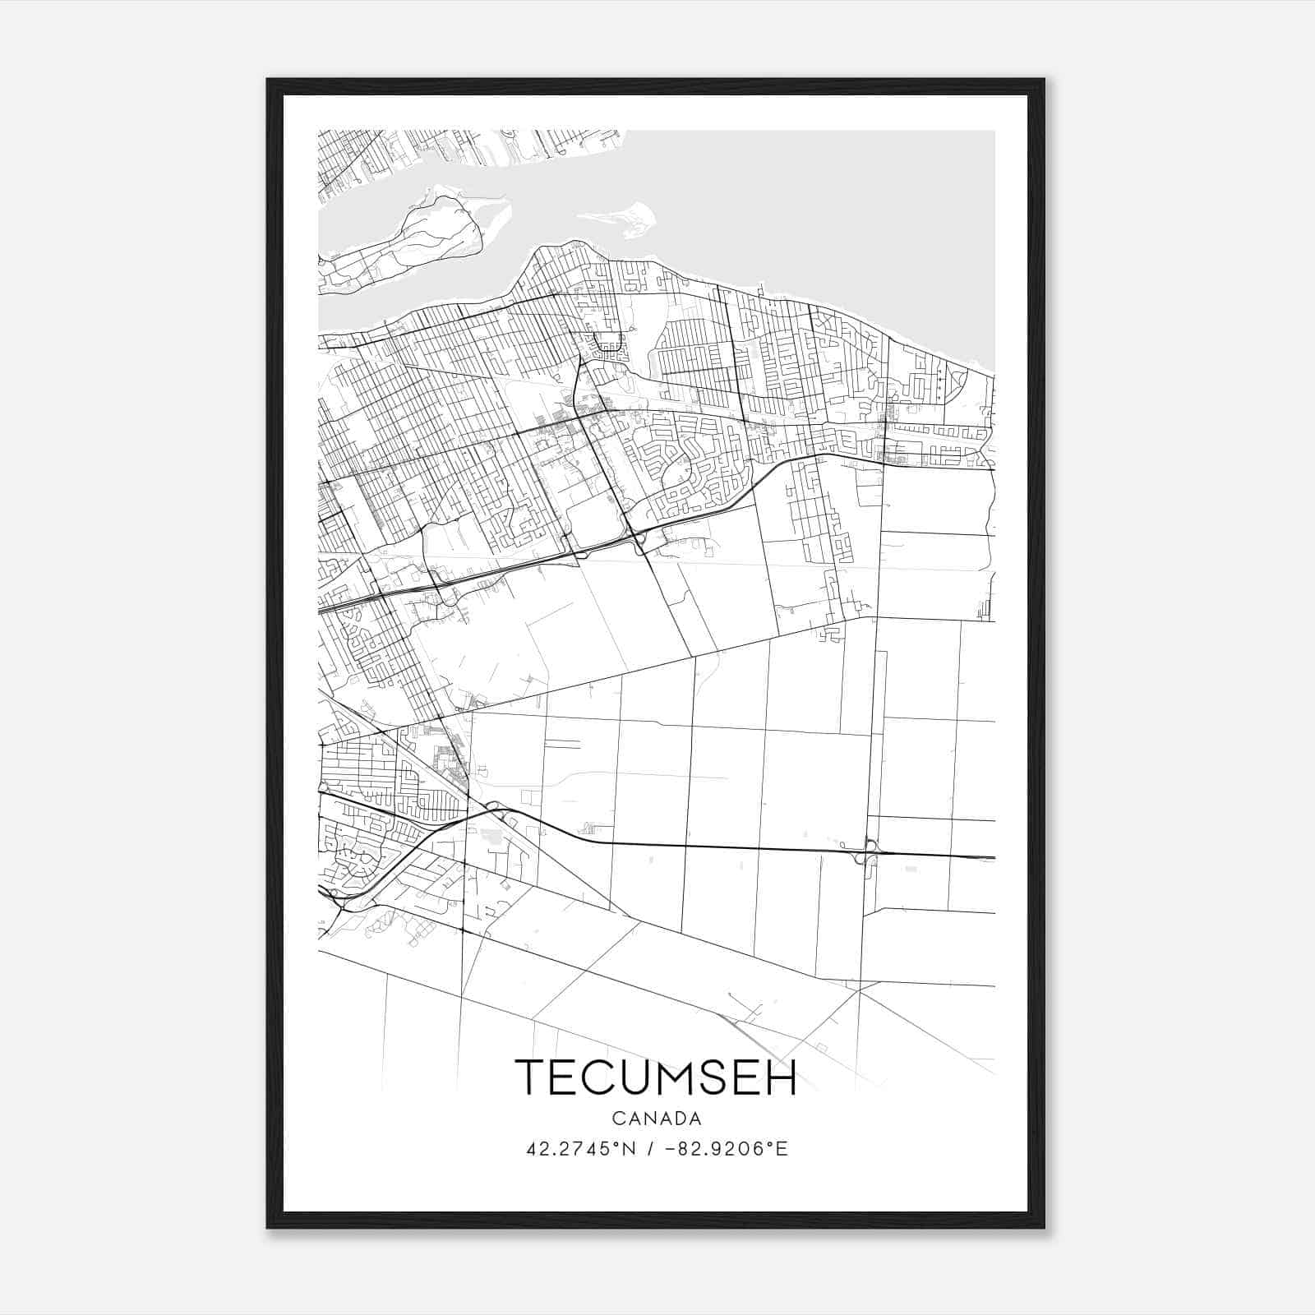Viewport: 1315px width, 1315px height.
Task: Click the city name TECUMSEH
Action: tap(656, 1077)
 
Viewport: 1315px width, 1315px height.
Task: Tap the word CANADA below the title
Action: tap(657, 1119)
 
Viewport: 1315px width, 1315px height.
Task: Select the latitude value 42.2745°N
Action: tap(582, 1149)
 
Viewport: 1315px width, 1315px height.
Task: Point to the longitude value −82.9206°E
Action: tap(728, 1149)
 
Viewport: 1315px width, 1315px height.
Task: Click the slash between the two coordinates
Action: tap(651, 1149)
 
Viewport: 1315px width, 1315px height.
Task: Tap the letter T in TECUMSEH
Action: tap(530, 1077)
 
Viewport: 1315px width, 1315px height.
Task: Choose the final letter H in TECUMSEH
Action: tap(781, 1077)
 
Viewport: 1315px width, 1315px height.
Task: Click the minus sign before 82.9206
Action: tap(671, 1149)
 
